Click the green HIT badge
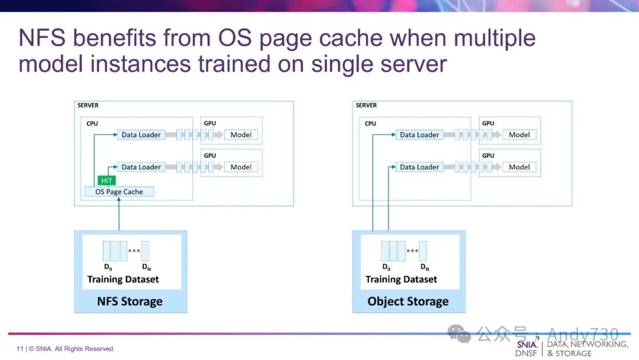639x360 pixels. [106, 181]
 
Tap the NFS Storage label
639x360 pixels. [130, 301]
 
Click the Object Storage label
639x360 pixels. [408, 301]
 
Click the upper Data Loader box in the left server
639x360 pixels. [141, 135]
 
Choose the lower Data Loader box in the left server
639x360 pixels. [141, 167]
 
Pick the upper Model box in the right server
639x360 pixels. [519, 135]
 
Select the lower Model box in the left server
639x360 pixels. [241, 167]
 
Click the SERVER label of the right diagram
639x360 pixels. [366, 105]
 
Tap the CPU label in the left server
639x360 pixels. [92, 124]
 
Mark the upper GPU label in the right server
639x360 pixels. [488, 124]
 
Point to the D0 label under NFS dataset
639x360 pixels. [107, 267]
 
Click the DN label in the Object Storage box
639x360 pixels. [425, 267]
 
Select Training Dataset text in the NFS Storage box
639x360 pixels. [123, 279]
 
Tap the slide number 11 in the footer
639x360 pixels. [20, 349]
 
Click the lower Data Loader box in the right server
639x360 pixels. [419, 167]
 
